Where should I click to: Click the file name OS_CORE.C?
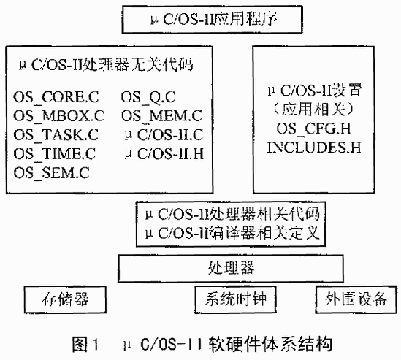(56, 97)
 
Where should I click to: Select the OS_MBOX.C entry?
(59, 116)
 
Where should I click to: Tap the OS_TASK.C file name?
(56, 135)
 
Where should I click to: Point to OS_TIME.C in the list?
(55, 153)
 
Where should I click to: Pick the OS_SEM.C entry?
(51, 172)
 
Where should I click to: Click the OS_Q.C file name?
(148, 97)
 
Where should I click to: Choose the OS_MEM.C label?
(161, 116)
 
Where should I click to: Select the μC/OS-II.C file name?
(164, 135)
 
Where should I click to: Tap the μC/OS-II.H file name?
(164, 153)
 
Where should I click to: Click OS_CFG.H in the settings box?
(314, 129)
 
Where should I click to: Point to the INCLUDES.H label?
(314, 148)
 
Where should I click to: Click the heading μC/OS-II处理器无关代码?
(106, 64)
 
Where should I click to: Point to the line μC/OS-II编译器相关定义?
(232, 233)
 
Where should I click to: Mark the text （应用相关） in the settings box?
(314, 110)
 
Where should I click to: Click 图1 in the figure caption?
(85, 345)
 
